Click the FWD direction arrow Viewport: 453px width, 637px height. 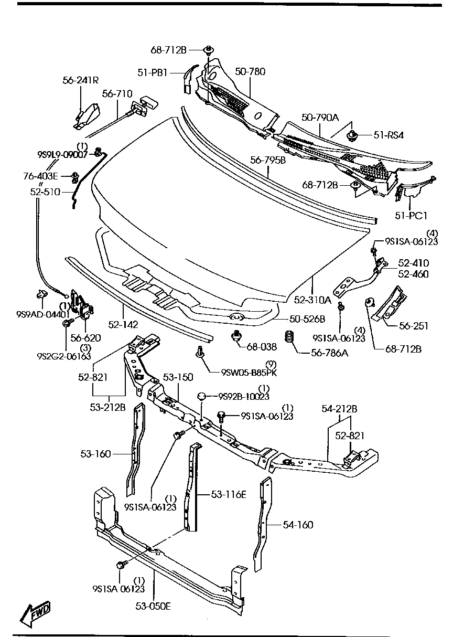35,612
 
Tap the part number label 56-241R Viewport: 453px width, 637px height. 80,80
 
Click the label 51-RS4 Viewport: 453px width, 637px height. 389,136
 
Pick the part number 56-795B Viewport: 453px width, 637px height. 267,160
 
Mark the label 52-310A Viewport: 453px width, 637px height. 312,300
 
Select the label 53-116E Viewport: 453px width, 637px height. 229,494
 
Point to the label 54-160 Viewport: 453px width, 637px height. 298,524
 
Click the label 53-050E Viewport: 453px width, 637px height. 153,607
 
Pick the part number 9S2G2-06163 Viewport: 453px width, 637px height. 63,356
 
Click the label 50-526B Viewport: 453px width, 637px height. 307,318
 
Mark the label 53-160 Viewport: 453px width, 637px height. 95,454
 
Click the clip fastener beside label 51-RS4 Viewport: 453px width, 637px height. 352,136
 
